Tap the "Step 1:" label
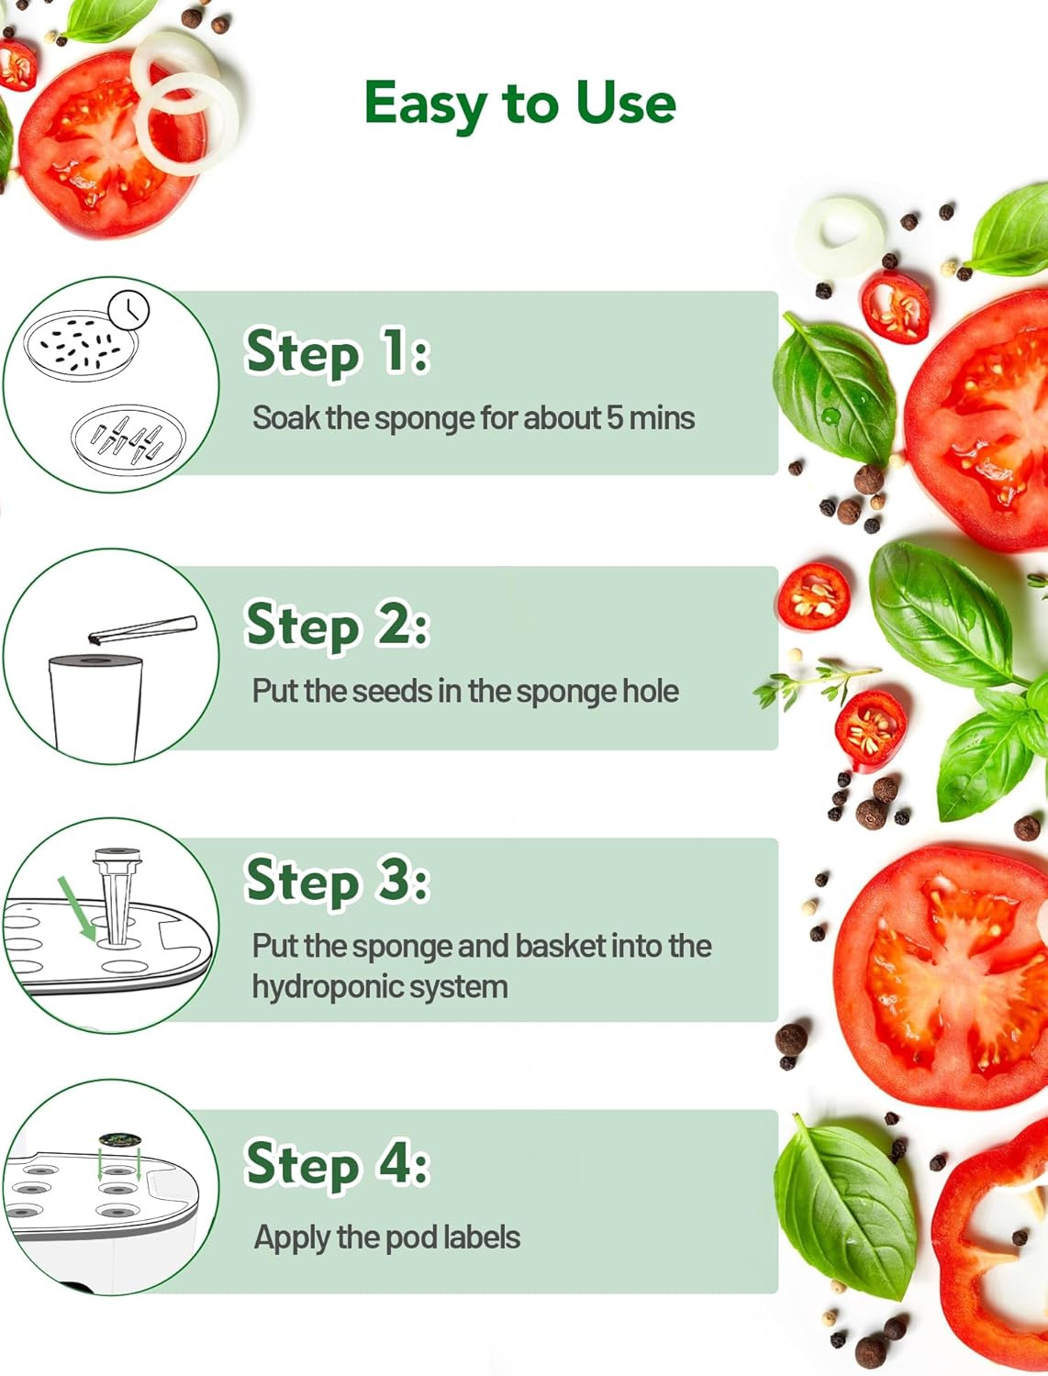click(x=338, y=351)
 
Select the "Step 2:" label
click(x=338, y=625)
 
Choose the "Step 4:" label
click(x=338, y=1163)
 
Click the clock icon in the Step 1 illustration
click(x=128, y=310)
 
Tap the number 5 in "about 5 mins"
click(x=615, y=417)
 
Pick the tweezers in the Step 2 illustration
click(x=143, y=629)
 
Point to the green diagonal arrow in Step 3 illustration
click(x=77, y=908)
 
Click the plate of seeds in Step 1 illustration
click(x=80, y=346)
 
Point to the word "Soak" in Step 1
click(x=286, y=417)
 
